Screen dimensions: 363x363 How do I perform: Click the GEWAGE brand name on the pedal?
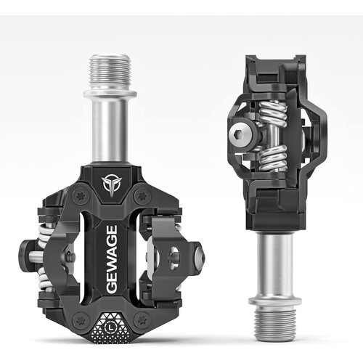[112, 260]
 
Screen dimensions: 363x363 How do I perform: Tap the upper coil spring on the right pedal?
[272, 110]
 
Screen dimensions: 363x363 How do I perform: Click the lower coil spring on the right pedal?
[273, 157]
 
